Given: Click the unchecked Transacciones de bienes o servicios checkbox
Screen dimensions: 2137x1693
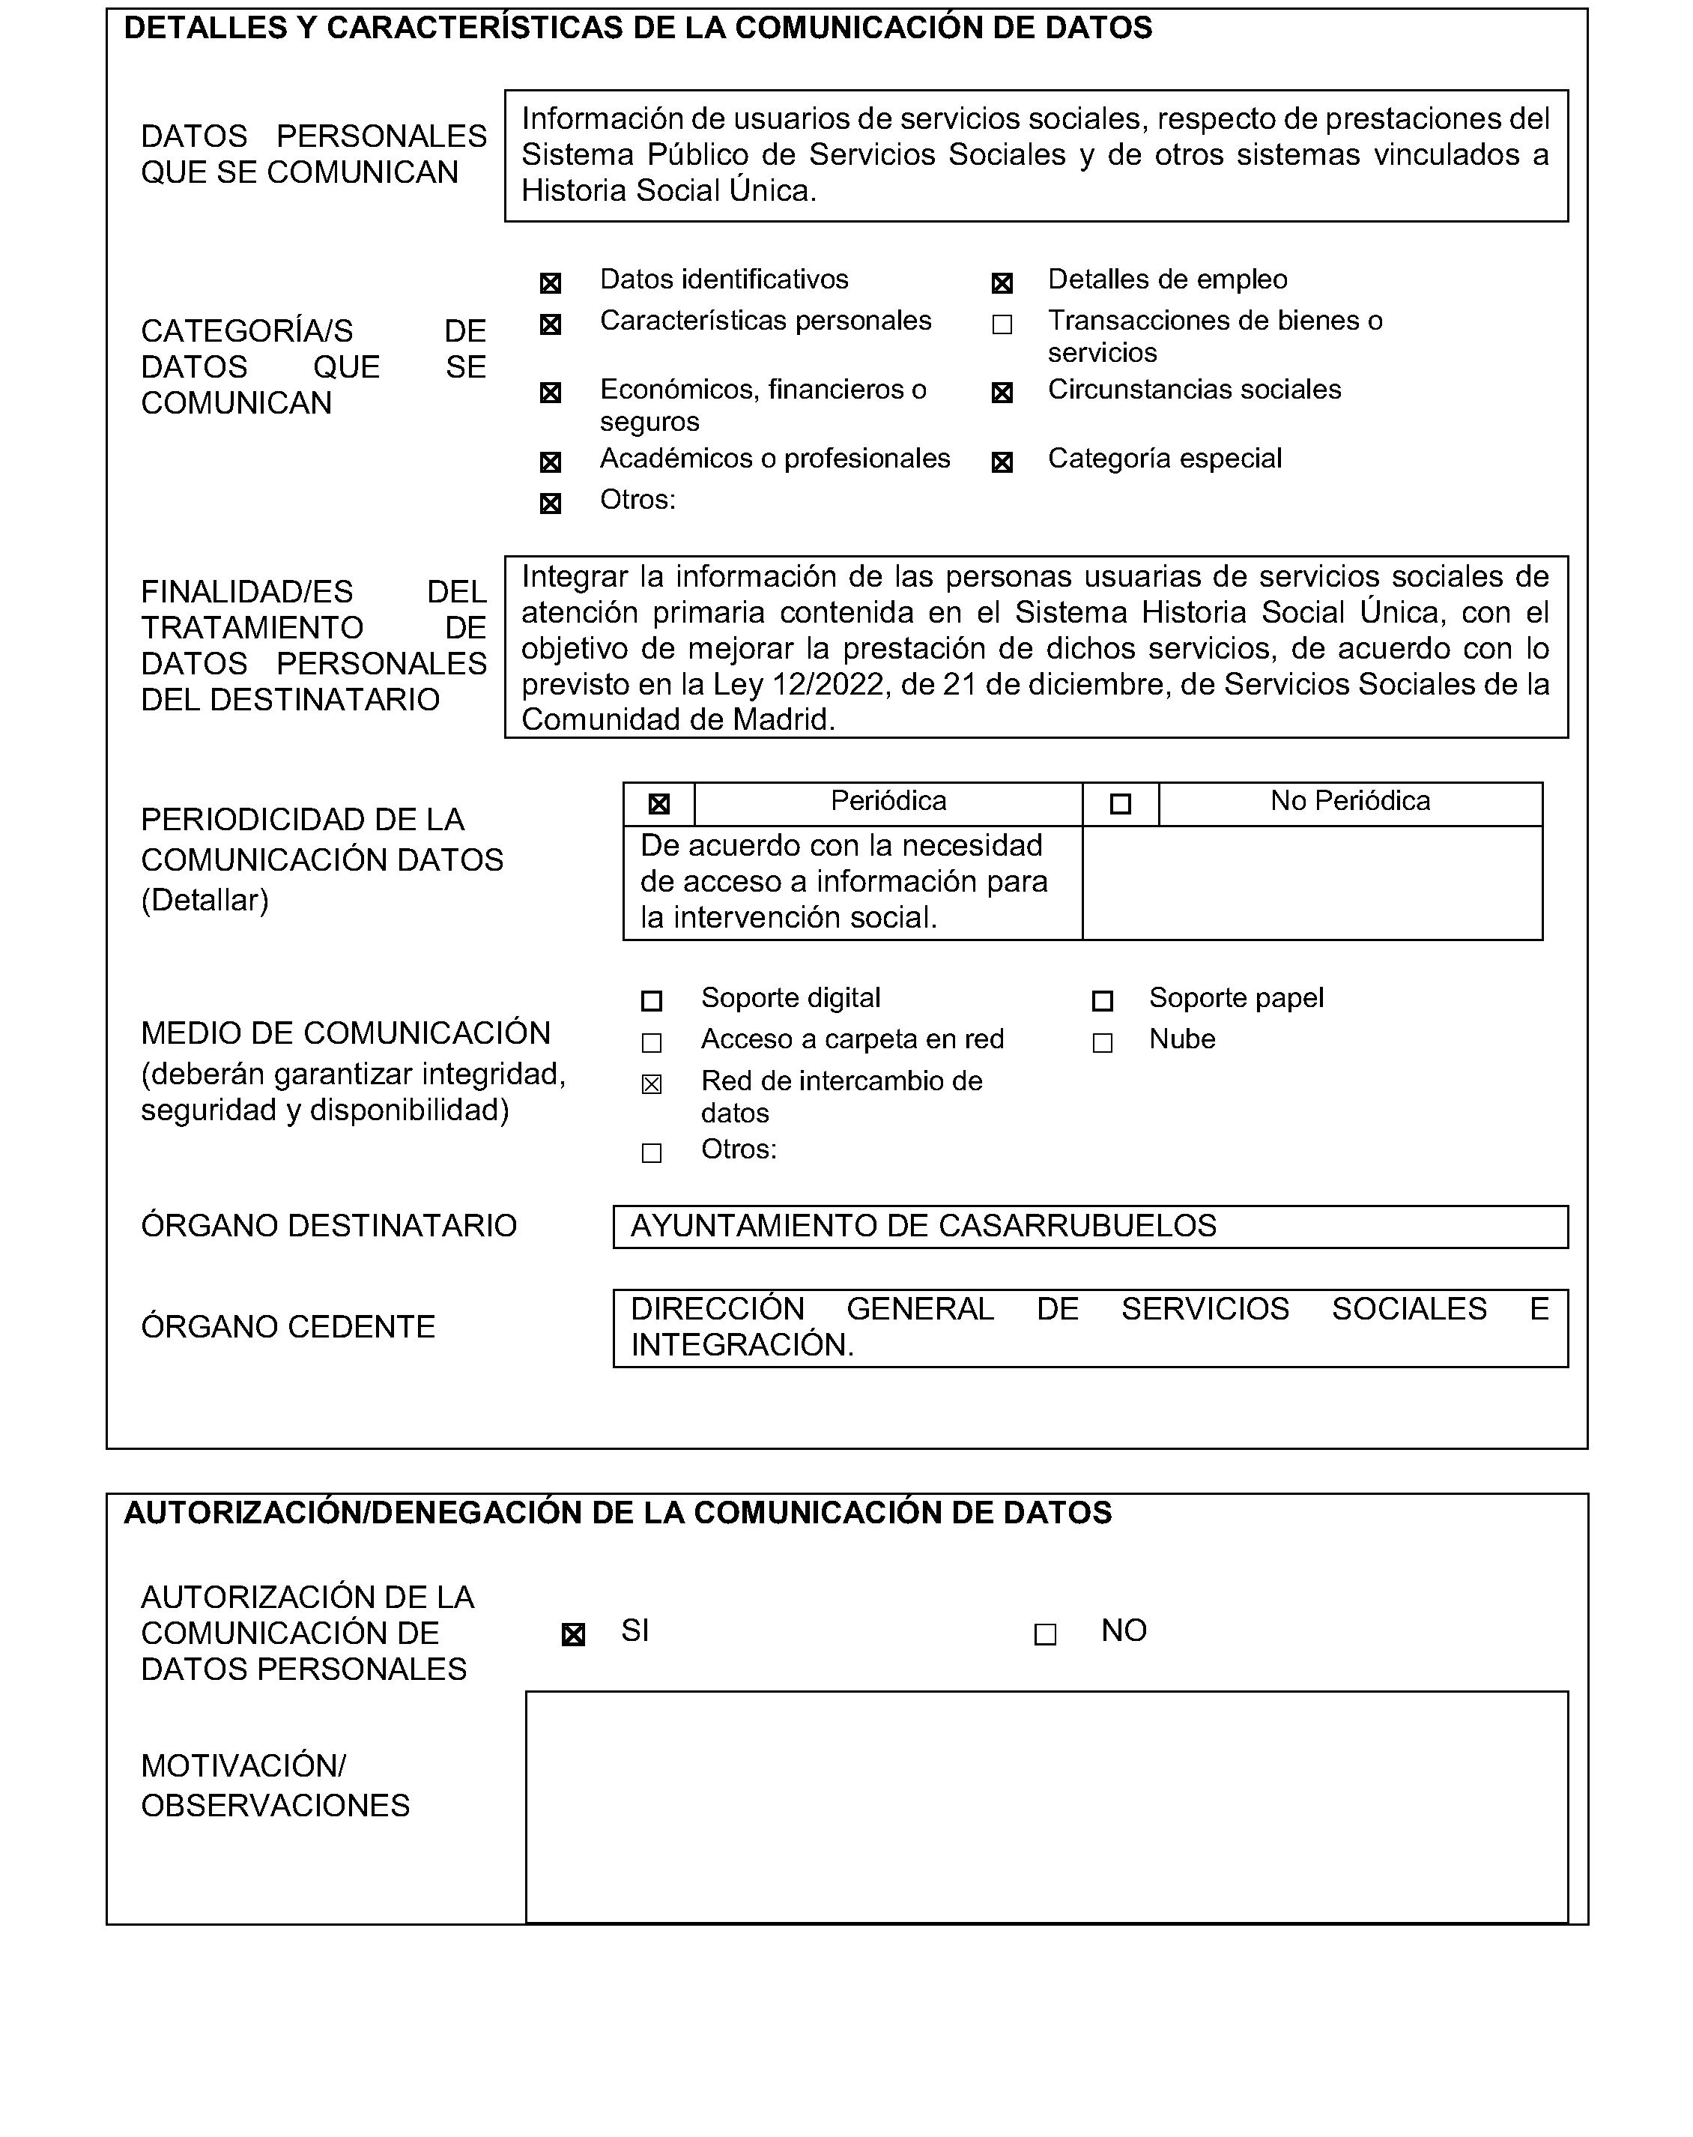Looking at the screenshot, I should click(x=1002, y=325).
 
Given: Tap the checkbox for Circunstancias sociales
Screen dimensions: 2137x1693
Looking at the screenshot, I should click(x=1002, y=393).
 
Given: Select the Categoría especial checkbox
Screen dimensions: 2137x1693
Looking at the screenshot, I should click(x=1002, y=463).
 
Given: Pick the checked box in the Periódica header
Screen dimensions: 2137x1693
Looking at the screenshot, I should click(x=658, y=805).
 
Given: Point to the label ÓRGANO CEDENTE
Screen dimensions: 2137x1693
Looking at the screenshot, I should click(x=288, y=1327).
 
